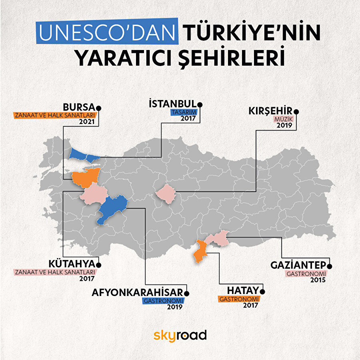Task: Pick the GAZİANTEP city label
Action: tap(299, 266)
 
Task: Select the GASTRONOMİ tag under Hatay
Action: tap(238, 299)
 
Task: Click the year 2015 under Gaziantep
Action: tap(318, 280)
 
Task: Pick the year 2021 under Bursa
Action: tap(90, 122)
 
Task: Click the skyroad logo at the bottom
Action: tap(180, 335)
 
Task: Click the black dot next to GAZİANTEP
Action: tap(330, 265)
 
